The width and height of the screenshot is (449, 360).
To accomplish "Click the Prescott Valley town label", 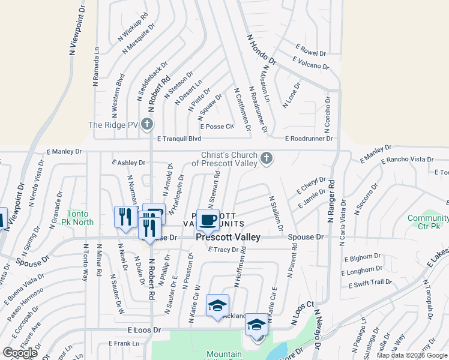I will pos(229,237).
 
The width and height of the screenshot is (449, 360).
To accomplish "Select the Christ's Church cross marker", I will pos(267,159).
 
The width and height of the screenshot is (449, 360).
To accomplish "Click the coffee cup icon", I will pos(208,220).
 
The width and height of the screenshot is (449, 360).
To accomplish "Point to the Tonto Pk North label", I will pos(80,218).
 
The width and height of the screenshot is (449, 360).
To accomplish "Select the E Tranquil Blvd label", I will pos(179,139).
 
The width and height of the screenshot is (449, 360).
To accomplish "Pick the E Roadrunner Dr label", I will pos(309,139).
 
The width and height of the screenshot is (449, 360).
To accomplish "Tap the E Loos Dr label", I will pos(144,330).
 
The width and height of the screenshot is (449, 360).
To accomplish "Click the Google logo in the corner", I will pos(20,353).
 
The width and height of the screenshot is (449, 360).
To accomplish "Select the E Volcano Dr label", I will pos(311,63).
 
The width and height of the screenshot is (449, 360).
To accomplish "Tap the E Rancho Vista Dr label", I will pos(406,159).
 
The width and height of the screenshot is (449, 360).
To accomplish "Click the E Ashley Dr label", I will pos(128,163).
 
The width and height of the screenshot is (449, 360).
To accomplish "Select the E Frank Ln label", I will pos(124,343).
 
